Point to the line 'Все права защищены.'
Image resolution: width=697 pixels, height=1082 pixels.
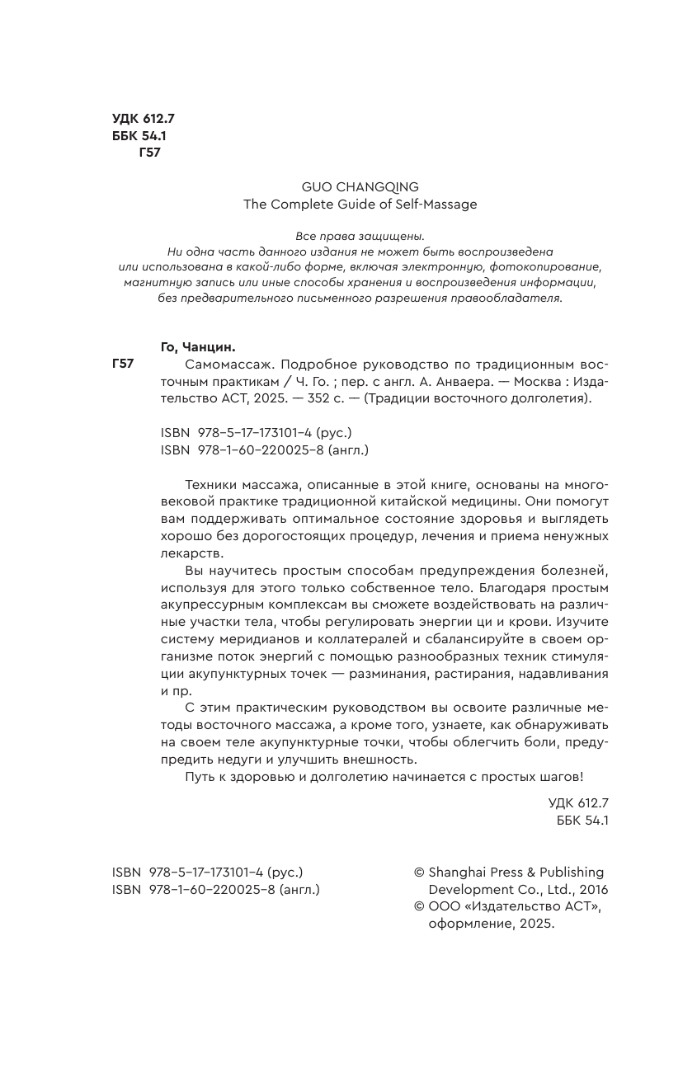[x=360, y=236]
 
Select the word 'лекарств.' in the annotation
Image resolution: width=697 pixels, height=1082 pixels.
[x=191, y=553]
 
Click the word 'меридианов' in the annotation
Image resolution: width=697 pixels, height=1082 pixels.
[x=252, y=640]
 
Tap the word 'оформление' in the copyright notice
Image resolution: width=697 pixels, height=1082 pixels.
[x=466, y=924]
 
